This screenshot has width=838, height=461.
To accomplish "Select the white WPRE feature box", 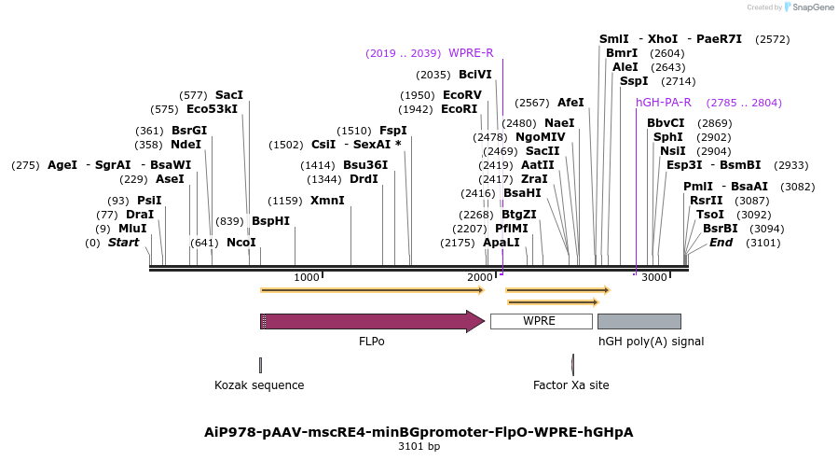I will (541, 321).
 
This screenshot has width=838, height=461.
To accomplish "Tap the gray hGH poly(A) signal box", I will (639, 321).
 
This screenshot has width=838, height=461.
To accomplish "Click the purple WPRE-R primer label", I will (471, 53).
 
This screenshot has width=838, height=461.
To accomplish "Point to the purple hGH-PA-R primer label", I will (663, 103).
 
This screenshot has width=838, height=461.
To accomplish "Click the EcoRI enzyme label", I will (460, 109).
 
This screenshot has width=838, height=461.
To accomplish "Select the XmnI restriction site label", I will (327, 201).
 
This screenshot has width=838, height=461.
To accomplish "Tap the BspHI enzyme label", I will (270, 221).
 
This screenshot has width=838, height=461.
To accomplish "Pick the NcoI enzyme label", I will (240, 243).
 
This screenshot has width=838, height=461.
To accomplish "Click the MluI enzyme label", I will (132, 228).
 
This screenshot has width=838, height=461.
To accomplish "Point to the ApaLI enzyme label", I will (501, 243).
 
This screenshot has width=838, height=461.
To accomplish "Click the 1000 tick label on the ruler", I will (307, 277).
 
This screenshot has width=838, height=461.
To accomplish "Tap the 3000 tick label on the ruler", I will (654, 277).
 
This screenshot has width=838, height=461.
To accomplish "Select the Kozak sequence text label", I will (259, 384).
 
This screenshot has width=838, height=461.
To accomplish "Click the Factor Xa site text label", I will (571, 384).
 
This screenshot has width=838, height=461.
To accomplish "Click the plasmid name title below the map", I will (419, 432).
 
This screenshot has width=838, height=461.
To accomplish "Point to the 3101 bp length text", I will (419, 447).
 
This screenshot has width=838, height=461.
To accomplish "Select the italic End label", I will (721, 243).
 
